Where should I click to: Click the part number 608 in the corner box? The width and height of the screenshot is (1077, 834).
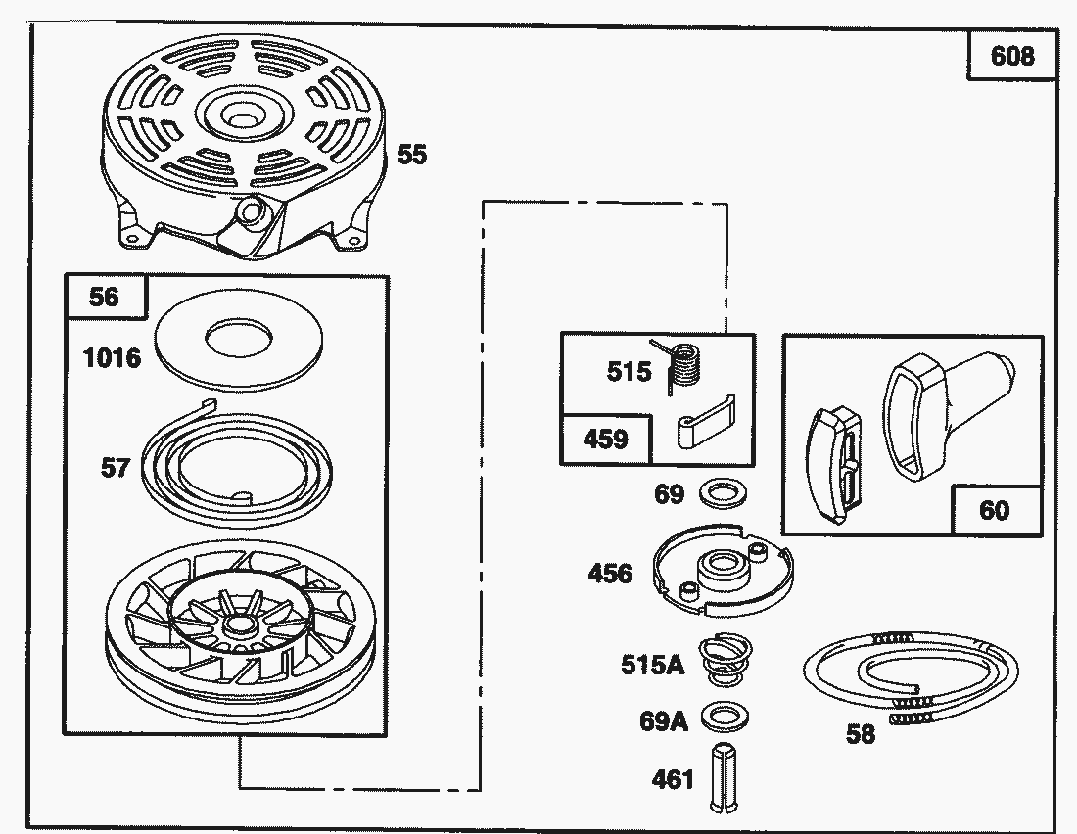pyautogui.click(x=1011, y=56)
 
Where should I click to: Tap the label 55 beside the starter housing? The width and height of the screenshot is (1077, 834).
pyautogui.click(x=412, y=155)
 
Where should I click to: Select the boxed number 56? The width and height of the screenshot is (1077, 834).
pyautogui.click(x=104, y=297)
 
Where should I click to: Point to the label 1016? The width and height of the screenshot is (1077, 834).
pyautogui.click(x=112, y=358)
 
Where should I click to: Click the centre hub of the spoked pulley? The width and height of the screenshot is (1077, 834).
pyautogui.click(x=238, y=624)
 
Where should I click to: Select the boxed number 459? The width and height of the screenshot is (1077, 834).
pyautogui.click(x=605, y=439)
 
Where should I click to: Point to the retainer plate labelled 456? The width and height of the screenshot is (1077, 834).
pyautogui.click(x=724, y=572)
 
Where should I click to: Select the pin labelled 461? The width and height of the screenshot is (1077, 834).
pyautogui.click(x=726, y=777)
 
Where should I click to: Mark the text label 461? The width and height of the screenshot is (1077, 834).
pyautogui.click(x=673, y=779)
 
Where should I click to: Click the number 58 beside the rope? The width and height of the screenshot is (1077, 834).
pyautogui.click(x=860, y=734)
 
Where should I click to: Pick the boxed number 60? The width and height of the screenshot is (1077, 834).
pyautogui.click(x=994, y=510)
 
